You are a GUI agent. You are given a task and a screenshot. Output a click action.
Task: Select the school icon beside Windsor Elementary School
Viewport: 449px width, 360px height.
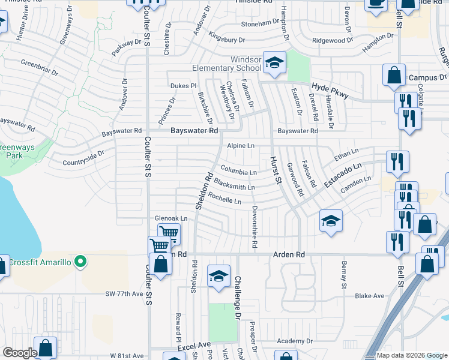click(x=274, y=62)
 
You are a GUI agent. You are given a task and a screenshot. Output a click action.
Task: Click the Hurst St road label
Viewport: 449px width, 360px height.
click(x=276, y=167)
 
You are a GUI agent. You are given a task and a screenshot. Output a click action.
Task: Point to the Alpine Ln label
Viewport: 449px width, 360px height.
click(x=241, y=146)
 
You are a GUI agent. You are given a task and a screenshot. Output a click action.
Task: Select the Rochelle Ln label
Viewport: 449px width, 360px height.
click(x=224, y=201)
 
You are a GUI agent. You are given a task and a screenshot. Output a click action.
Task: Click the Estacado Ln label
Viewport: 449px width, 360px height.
click(x=344, y=174)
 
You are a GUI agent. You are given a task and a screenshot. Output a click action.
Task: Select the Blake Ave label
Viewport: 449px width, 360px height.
click(x=369, y=296)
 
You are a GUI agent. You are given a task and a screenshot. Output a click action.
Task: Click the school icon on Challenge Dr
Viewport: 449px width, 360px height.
click(x=219, y=275)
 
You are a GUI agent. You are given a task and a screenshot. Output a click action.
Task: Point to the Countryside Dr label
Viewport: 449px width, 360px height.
click(x=83, y=157)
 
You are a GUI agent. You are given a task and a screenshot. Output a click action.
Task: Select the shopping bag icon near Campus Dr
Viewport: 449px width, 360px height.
click(x=394, y=76)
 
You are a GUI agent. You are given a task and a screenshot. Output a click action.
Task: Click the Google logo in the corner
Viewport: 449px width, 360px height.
click(x=20, y=353)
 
